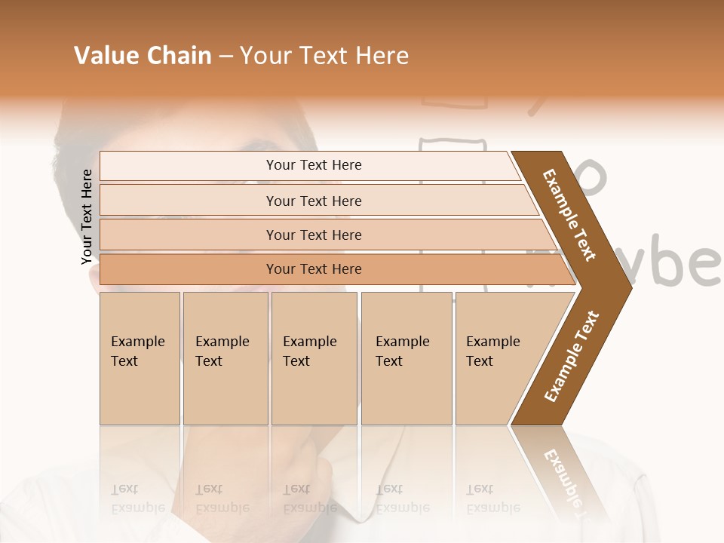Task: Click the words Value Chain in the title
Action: tap(143, 56)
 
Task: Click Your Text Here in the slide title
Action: tap(324, 56)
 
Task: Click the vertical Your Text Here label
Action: tap(87, 216)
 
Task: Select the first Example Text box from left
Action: tap(140, 358)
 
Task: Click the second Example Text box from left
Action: tap(225, 358)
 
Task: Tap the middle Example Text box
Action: tap(314, 358)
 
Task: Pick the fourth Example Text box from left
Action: tap(406, 358)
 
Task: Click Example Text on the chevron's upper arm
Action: tap(569, 215)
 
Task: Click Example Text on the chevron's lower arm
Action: tap(572, 357)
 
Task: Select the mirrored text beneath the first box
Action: tap(137, 498)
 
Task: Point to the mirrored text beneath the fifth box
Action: tap(492, 498)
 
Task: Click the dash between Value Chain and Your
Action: tap(225, 57)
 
